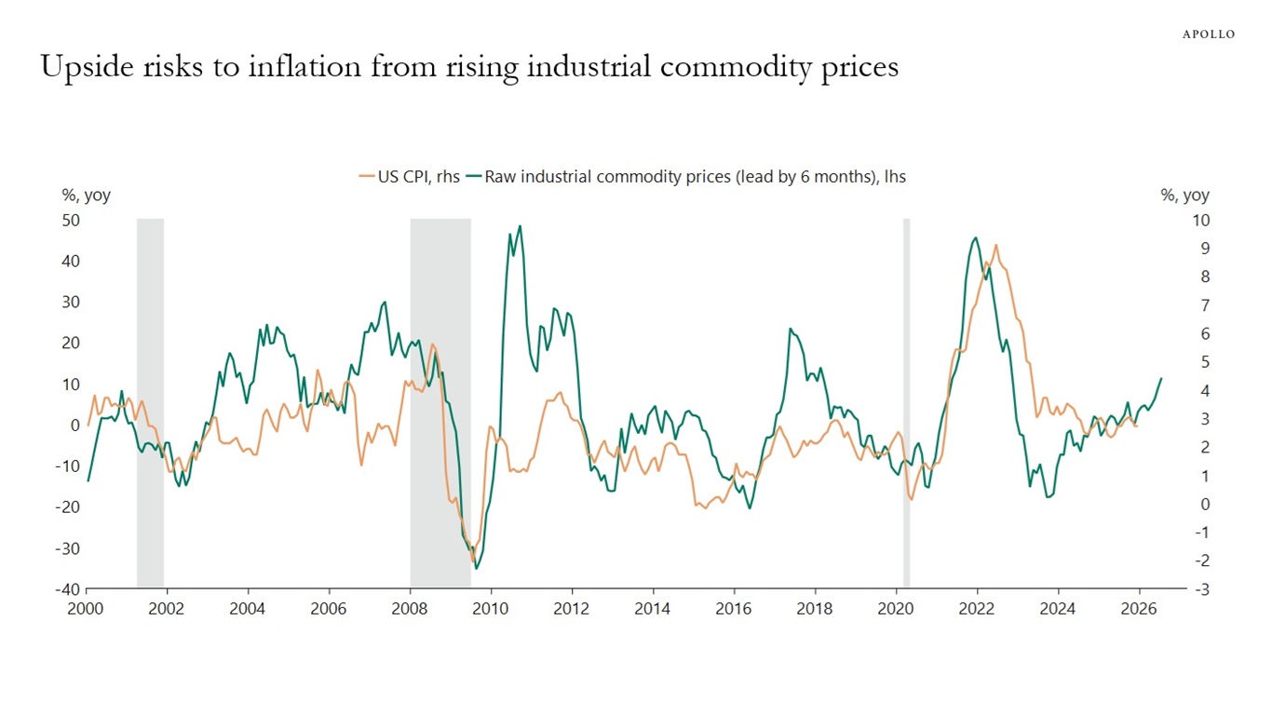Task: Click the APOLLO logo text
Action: (x=1209, y=34)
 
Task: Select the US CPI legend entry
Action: (x=410, y=176)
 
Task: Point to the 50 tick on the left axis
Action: (x=71, y=221)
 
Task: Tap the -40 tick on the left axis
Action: (x=69, y=589)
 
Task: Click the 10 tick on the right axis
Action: (x=1200, y=221)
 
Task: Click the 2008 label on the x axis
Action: (x=410, y=609)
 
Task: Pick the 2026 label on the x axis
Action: (x=1139, y=609)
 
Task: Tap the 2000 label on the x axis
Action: (x=86, y=609)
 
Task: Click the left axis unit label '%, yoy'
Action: (x=87, y=196)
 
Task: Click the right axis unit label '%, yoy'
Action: (x=1184, y=196)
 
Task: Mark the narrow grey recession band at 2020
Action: (x=906, y=400)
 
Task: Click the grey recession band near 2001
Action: (x=150, y=400)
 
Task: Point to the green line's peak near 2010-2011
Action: (x=519, y=226)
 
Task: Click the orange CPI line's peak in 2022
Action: (x=995, y=246)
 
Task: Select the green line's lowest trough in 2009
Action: (x=476, y=568)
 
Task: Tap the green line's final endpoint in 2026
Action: (x=1161, y=378)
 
